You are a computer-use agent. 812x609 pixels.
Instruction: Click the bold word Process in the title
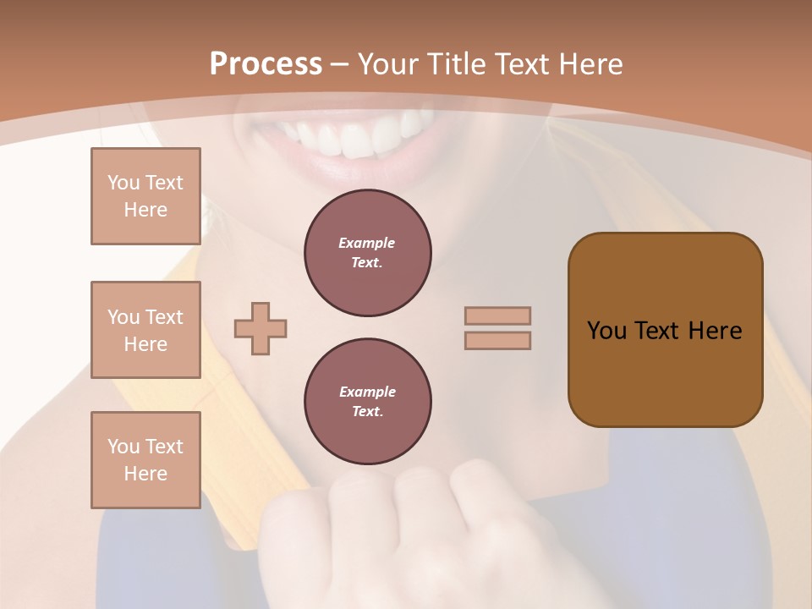tap(266, 64)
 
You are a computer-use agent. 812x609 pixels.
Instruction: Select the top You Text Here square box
tap(145, 196)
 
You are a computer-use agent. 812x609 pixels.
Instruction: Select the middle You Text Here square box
tap(145, 330)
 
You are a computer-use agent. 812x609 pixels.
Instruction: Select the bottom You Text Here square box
tap(145, 460)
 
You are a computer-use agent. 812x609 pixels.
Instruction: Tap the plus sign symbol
tap(260, 328)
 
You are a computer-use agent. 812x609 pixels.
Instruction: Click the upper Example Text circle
tap(367, 253)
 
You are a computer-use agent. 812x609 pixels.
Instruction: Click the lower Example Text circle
tap(367, 402)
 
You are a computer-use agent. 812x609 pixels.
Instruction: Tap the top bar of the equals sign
tap(497, 315)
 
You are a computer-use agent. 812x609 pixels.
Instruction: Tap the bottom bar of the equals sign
tap(497, 341)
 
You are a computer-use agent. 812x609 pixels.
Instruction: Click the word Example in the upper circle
tap(367, 243)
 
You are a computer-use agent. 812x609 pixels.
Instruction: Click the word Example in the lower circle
tap(367, 392)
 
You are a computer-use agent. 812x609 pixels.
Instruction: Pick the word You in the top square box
tap(123, 183)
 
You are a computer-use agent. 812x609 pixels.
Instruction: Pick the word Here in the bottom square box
tap(145, 474)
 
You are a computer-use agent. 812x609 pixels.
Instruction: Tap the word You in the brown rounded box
tap(606, 331)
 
